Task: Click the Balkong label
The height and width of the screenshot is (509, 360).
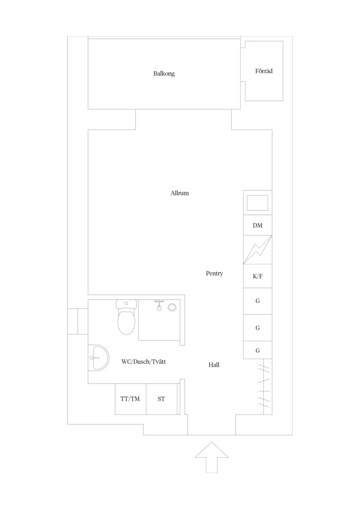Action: click(x=164, y=74)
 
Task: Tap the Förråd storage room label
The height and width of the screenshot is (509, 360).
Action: click(x=263, y=71)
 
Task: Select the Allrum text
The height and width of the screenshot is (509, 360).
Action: click(x=180, y=193)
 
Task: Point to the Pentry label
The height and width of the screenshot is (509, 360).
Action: click(x=214, y=273)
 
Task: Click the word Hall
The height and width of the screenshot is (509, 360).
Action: click(x=214, y=365)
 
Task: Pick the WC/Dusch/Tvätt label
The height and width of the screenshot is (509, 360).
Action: click(x=143, y=361)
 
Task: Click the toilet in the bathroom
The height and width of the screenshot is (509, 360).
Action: click(x=126, y=317)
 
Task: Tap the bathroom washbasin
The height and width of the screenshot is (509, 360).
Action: click(x=98, y=358)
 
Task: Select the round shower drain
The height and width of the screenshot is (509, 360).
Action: click(x=172, y=307)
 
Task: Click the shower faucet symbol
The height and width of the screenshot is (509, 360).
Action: click(x=159, y=305)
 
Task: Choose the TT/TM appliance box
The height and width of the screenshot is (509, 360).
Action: click(x=131, y=399)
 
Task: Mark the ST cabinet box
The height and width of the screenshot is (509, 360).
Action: click(x=162, y=399)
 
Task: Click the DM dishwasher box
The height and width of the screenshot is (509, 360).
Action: click(x=258, y=225)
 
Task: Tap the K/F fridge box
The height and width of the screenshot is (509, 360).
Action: click(x=258, y=276)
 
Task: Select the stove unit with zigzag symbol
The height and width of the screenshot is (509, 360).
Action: click(x=258, y=250)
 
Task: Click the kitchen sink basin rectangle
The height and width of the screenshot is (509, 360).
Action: click(x=257, y=203)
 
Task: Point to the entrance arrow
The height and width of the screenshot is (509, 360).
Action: click(x=212, y=457)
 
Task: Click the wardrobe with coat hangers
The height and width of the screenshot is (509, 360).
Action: click(x=264, y=386)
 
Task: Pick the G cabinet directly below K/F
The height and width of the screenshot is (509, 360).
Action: click(x=258, y=301)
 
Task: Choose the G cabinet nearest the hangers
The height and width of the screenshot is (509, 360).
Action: click(x=258, y=350)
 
